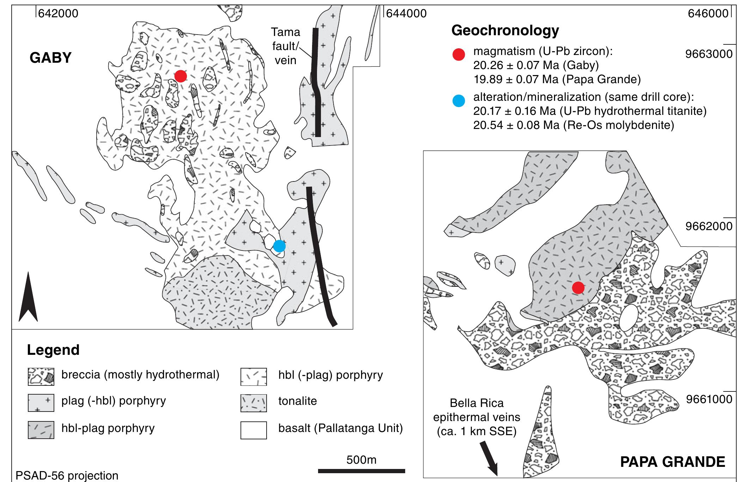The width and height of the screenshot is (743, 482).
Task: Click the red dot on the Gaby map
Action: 181,76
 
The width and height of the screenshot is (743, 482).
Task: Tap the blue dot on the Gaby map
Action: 279,246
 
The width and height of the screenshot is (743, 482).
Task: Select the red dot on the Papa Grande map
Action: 578,288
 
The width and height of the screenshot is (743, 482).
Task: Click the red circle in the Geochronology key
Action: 459,55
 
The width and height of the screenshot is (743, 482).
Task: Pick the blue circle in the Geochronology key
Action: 459,101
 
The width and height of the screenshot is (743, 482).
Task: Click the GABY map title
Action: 50,58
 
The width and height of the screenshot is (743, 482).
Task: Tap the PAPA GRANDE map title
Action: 672,462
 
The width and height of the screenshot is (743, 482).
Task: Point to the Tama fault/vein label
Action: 286,46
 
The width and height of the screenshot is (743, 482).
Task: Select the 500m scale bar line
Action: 361,471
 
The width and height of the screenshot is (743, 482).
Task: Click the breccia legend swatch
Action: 41,376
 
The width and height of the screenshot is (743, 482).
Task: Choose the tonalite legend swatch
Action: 254,403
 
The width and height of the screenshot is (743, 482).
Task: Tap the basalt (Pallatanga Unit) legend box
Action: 254,430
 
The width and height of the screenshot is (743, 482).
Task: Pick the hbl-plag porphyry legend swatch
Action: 41,430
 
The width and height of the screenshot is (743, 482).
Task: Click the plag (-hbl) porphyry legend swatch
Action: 41,403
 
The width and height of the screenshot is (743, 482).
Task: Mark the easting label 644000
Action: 406,14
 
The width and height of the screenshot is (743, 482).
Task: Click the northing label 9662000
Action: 709,226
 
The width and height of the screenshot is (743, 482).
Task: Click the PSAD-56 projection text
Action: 67,476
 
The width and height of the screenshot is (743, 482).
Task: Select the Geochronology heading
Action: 505,31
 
